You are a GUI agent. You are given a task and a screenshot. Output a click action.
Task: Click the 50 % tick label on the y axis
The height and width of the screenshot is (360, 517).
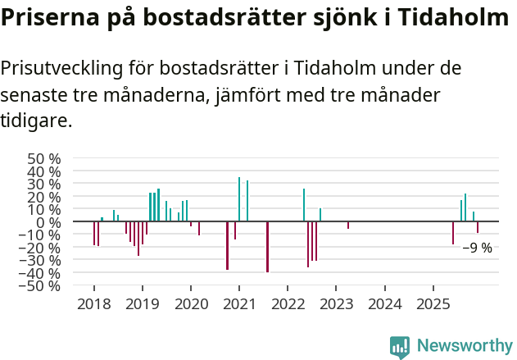pos(43,158)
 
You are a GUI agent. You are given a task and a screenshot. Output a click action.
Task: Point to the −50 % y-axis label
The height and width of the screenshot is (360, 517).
pos(39,285)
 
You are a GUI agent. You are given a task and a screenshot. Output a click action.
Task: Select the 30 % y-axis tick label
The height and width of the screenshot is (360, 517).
pos(43,184)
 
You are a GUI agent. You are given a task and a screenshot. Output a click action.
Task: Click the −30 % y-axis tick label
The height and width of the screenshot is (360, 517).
pos(39,260)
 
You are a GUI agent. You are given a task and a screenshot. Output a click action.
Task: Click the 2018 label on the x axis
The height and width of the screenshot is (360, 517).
pos(93,305)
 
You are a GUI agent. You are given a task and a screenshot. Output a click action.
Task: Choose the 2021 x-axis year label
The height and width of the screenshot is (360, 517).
pos(238,305)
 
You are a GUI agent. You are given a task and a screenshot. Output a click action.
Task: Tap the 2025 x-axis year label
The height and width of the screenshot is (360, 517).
pos(433,305)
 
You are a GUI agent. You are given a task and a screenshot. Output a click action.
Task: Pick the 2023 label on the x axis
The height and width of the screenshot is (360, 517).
pos(336,305)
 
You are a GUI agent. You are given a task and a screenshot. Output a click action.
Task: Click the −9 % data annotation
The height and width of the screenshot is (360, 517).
pos(477,248)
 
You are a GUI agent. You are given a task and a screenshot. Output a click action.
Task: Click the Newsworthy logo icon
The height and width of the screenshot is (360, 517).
pos(400,347)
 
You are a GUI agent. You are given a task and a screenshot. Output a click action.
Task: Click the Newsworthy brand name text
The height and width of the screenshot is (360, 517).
pos(465,346)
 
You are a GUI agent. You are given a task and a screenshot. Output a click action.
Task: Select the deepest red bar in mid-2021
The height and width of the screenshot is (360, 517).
pos(267,247)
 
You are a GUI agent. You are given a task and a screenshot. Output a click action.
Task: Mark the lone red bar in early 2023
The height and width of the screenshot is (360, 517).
pos(348,225)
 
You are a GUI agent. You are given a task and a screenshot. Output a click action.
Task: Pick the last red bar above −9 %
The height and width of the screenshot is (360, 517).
pos(478,227)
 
